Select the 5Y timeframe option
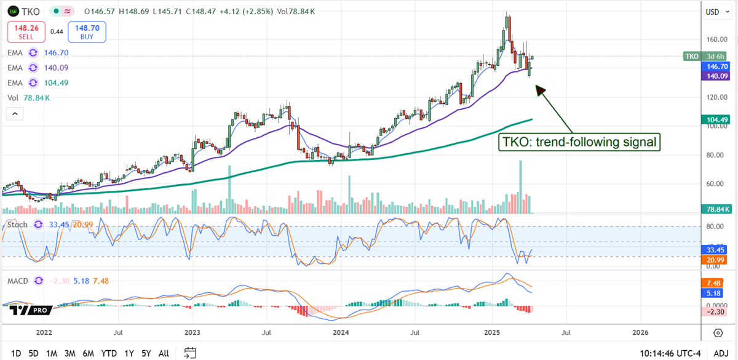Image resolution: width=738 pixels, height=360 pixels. [146, 353]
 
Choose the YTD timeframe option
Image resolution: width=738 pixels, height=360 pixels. [109, 353]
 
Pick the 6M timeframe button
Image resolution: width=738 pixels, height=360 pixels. [89, 353]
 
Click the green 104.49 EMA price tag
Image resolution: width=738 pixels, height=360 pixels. [715, 119]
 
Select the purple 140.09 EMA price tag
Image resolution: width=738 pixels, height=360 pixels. [715, 76]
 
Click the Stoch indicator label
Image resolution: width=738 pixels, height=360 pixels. [17, 225]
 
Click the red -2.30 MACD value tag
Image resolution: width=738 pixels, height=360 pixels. [715, 311]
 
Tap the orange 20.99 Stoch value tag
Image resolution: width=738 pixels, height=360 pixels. [715, 261]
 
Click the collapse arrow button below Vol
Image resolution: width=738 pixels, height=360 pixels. [14, 113]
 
